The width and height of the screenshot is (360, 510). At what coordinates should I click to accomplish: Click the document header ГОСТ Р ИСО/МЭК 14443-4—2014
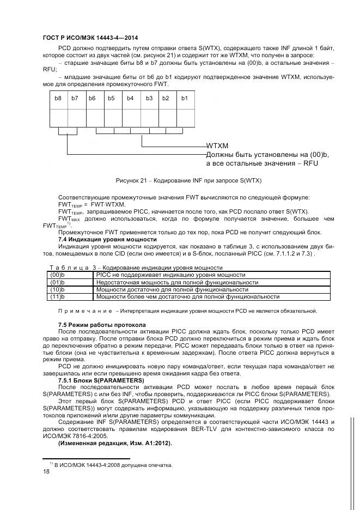point(90,38)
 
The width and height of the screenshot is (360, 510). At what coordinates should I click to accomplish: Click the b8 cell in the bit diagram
point(58,98)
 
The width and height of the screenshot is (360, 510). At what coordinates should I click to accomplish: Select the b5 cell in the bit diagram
point(112,98)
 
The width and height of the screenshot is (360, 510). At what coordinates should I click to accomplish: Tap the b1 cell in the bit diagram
point(184,98)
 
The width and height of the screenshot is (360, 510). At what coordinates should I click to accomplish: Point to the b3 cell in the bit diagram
point(149,98)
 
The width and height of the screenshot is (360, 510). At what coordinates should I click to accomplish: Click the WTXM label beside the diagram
point(217,146)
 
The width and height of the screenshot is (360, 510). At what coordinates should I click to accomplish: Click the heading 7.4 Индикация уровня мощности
point(107,239)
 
